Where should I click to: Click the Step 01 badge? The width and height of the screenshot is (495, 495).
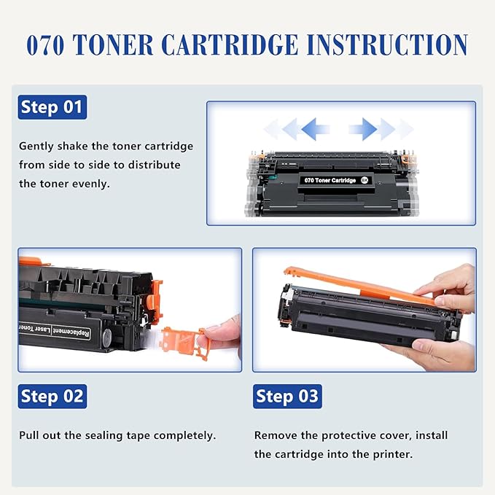click(52, 107)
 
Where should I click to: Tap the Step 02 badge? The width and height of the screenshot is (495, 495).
click(52, 397)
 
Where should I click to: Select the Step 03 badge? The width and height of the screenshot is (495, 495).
click(287, 397)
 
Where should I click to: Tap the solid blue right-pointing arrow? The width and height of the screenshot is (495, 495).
click(362, 130)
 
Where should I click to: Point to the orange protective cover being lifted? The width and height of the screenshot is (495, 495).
click(365, 286)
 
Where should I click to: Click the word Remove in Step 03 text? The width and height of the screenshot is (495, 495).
click(275, 435)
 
